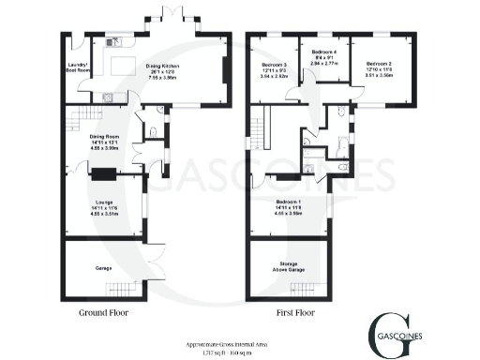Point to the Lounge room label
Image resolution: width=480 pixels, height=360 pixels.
coord(104,204)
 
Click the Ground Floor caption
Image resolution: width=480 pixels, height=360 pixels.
coord(105,313)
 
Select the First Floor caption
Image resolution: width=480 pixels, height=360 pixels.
coord(292,313)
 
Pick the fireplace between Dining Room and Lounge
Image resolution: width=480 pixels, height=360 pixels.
coord(103,172)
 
